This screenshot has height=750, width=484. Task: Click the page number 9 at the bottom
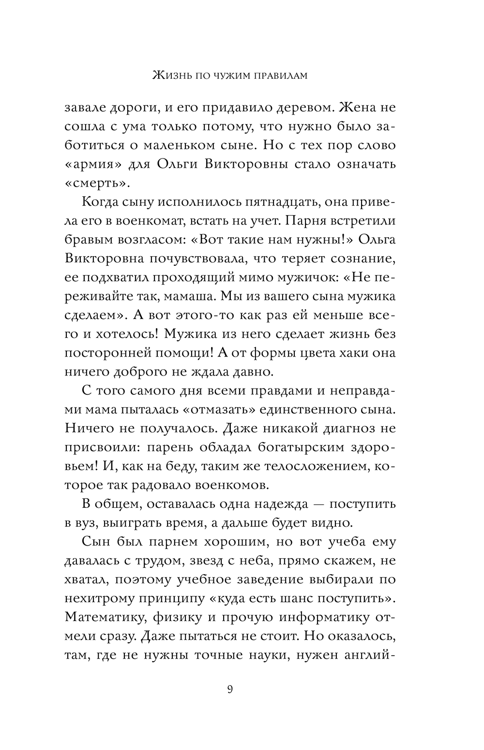(x=230, y=689)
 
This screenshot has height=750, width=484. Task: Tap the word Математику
(x=104, y=617)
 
